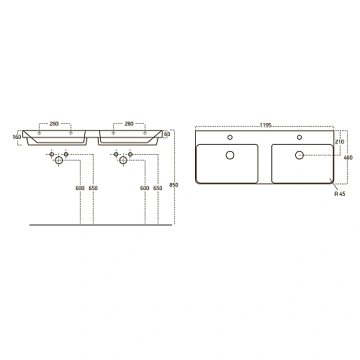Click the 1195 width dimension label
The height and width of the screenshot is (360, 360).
pos(266,125)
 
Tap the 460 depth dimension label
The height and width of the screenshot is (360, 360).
pos(348,158)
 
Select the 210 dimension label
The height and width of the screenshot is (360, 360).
pos(339,142)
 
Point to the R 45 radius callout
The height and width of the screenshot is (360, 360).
pos(340,194)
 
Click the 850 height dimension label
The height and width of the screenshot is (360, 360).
pos(174,185)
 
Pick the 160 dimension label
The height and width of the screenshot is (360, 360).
pos(17,137)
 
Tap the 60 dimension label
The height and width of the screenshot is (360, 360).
pos(167,134)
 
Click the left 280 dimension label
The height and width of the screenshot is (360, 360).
pos(54,124)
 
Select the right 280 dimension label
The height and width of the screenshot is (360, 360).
pos(129,124)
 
